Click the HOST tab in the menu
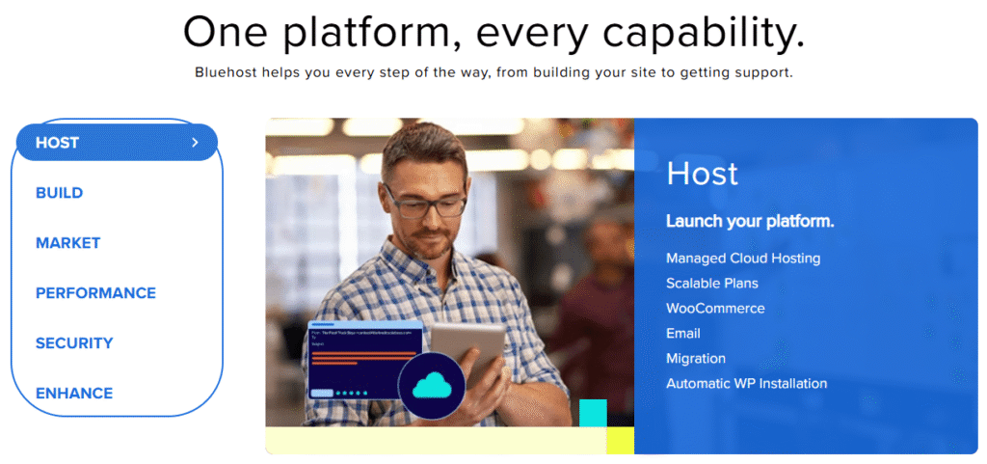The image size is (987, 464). (58, 143)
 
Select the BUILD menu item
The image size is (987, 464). (60, 193)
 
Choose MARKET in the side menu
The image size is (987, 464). (67, 243)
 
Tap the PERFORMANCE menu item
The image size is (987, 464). (95, 293)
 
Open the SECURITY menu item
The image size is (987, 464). (74, 343)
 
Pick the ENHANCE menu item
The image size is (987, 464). (74, 394)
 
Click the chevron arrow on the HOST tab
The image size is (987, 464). (195, 143)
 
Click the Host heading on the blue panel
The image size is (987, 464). (702, 174)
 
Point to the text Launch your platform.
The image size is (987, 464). (750, 222)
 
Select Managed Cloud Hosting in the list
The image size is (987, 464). (743, 259)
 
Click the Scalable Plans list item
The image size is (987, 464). (712, 284)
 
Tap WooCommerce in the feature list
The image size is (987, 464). (715, 309)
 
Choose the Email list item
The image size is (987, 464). (683, 334)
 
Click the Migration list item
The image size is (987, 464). (696, 359)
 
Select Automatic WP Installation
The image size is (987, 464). (746, 384)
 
